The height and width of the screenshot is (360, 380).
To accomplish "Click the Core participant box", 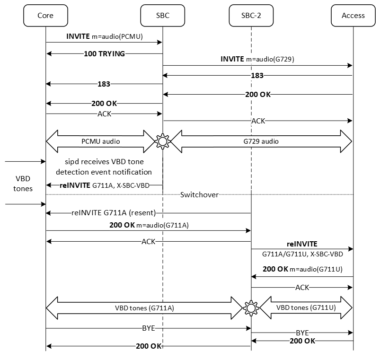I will [x=45, y=15].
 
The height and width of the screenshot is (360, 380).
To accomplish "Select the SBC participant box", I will [x=162, y=15].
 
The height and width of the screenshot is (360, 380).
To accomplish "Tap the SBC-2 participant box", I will [x=251, y=15].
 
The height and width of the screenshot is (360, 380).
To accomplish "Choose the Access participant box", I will [x=353, y=15].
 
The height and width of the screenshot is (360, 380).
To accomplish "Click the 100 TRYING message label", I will [x=104, y=54].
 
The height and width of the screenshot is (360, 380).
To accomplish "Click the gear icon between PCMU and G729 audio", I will [x=163, y=141].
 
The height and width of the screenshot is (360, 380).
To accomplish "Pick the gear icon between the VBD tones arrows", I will [x=251, y=307].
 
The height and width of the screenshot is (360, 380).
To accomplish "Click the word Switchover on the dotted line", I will [x=199, y=194].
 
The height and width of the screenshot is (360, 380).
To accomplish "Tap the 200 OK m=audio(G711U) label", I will [x=302, y=269].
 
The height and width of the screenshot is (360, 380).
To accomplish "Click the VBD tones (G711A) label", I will [x=145, y=307].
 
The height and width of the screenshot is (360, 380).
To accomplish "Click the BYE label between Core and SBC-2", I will [x=148, y=327].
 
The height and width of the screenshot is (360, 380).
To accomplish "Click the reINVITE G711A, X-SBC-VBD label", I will [x=104, y=185].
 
